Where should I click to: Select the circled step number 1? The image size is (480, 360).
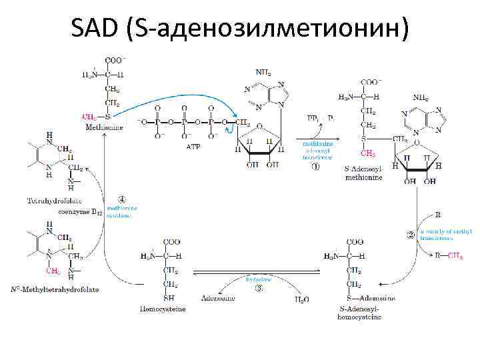[315, 167]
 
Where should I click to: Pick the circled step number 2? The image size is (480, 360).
[410, 234]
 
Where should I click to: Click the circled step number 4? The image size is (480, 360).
[121, 199]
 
